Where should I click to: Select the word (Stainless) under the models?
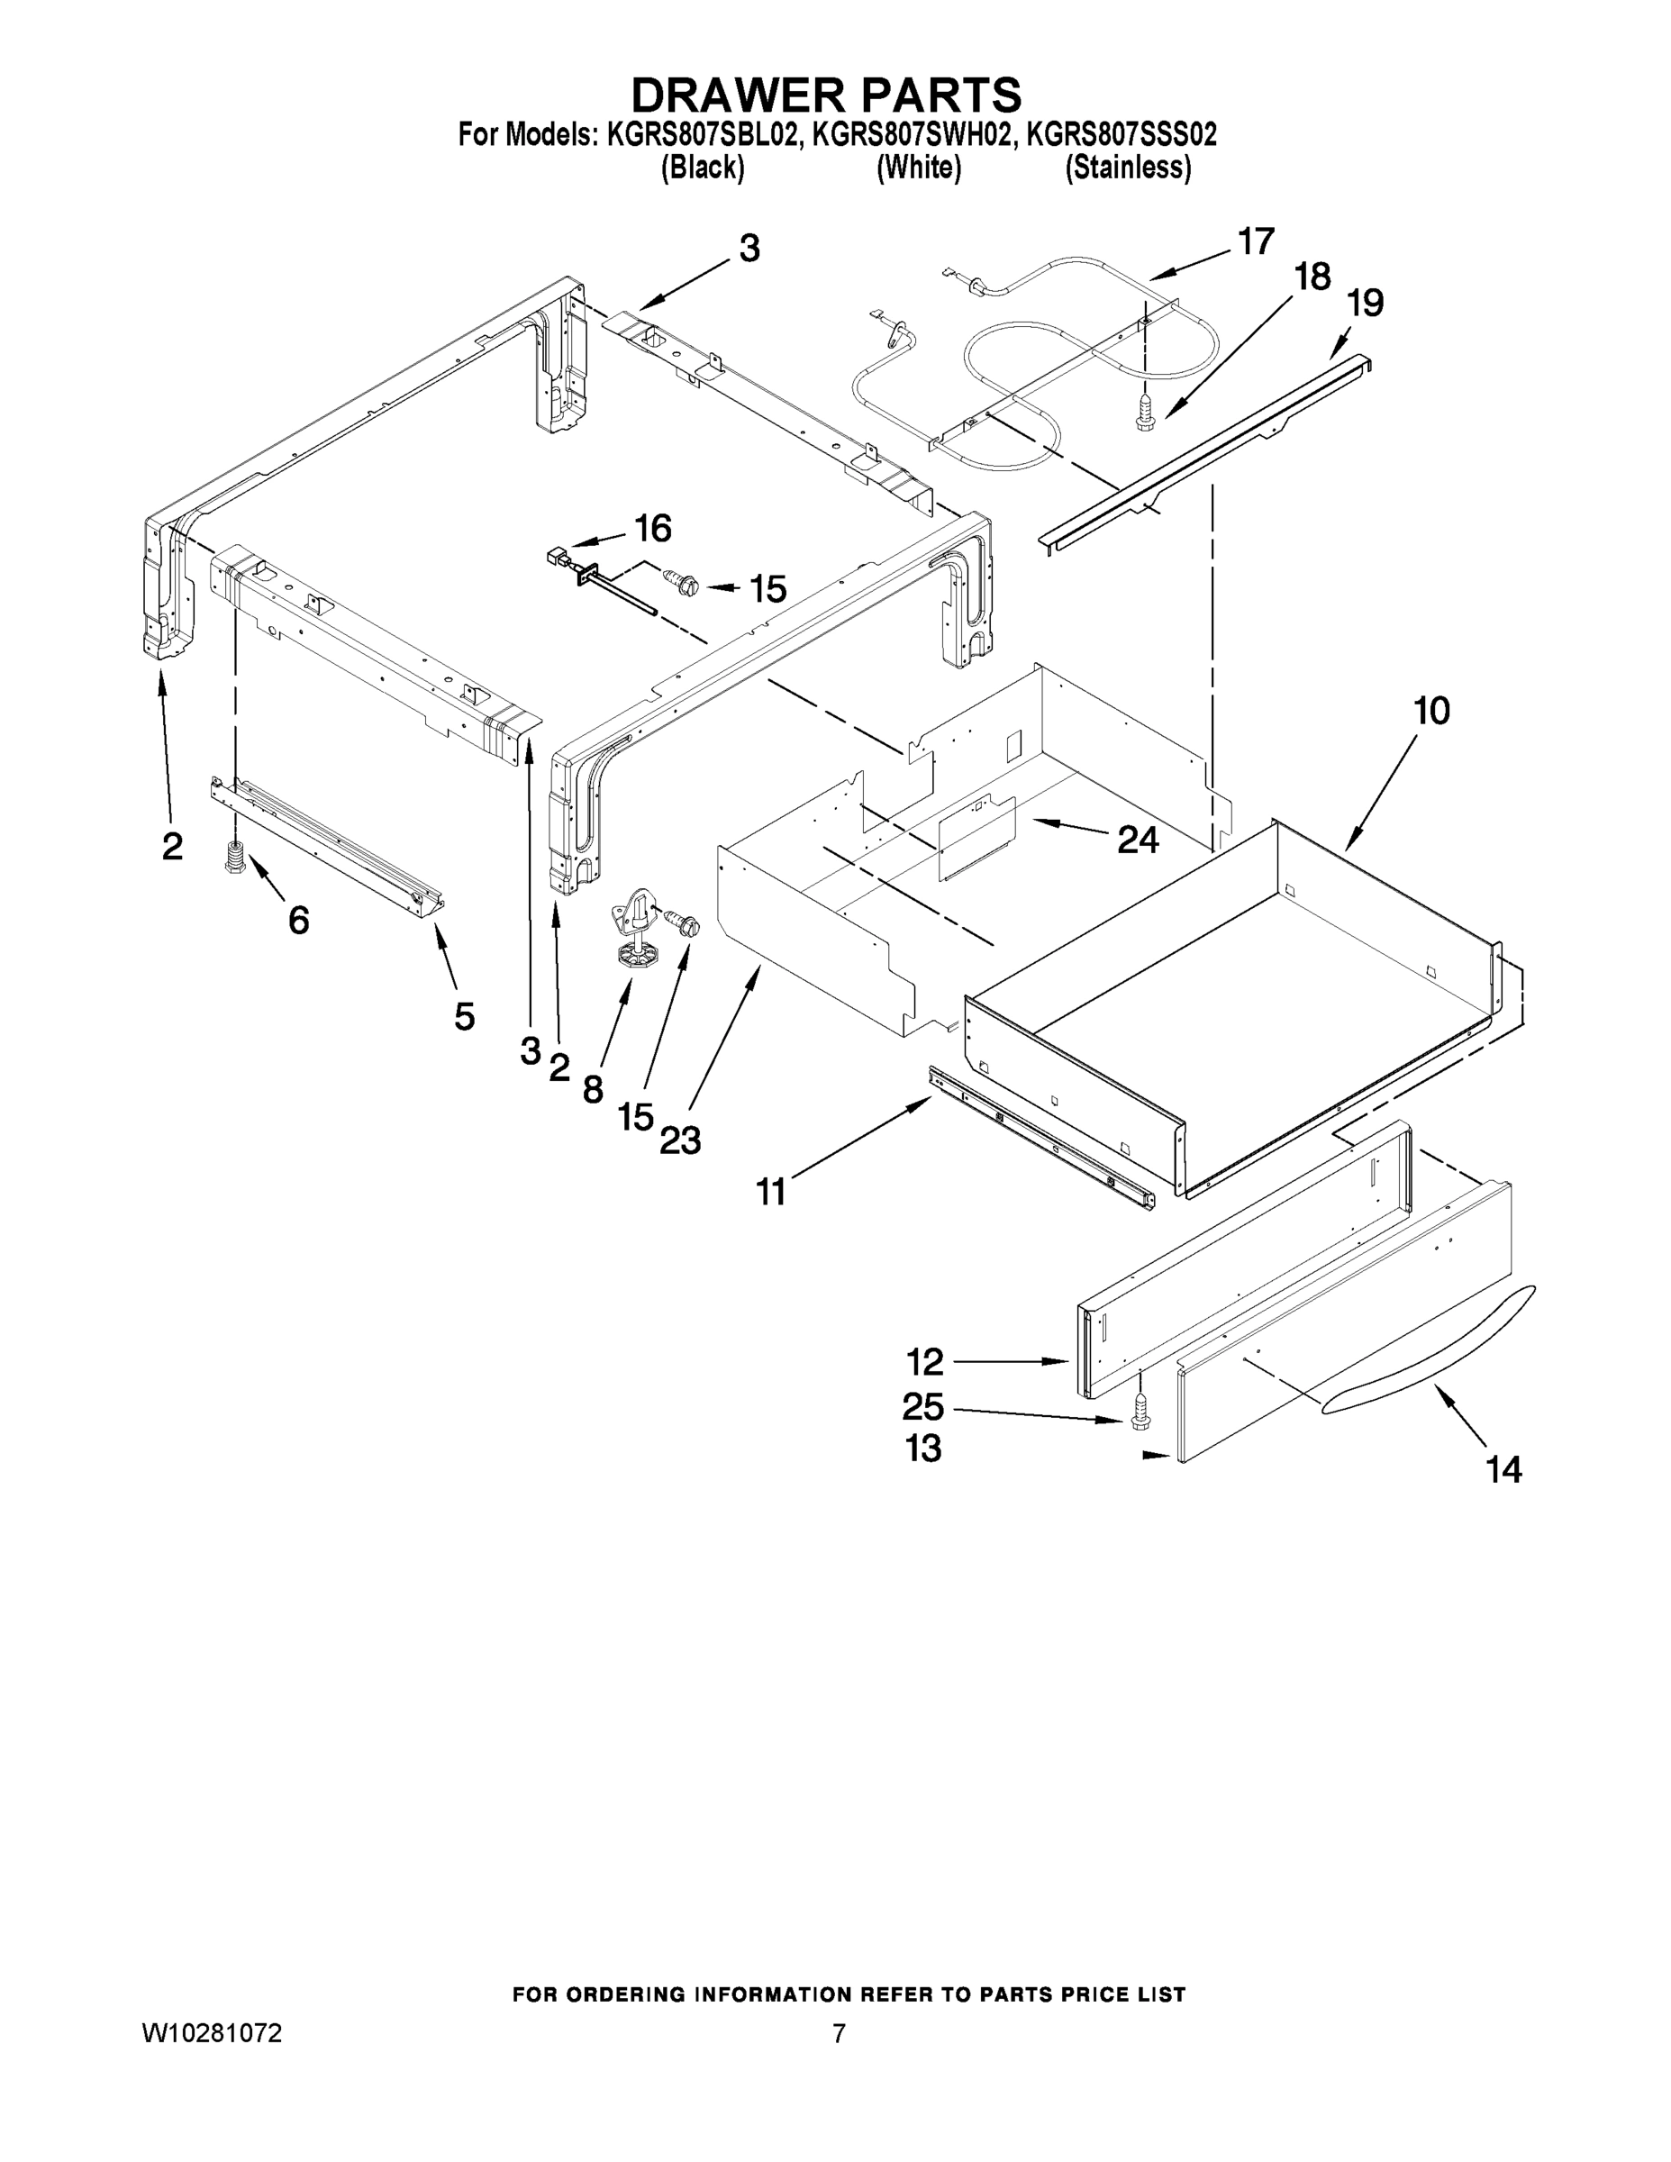[x=1127, y=168]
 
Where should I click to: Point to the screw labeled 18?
[x=1145, y=413]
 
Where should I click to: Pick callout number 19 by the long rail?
[x=1365, y=303]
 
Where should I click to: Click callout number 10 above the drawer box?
[x=1430, y=711]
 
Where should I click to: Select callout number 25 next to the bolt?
[x=922, y=1407]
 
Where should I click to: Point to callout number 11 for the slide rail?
[x=771, y=1192]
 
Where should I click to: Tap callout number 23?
[x=680, y=1141]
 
